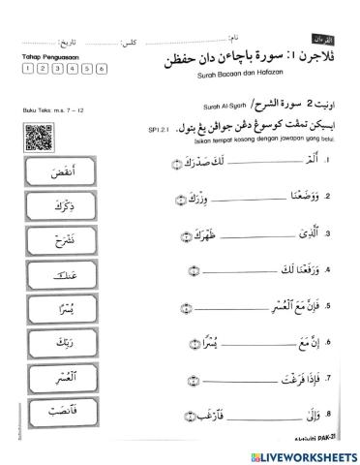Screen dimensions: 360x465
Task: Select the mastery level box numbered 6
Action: (x=89, y=69)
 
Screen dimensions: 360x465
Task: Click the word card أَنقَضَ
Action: (x=53, y=175)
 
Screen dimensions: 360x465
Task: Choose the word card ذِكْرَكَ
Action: (x=53, y=208)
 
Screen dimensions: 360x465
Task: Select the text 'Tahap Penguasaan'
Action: (x=44, y=56)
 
